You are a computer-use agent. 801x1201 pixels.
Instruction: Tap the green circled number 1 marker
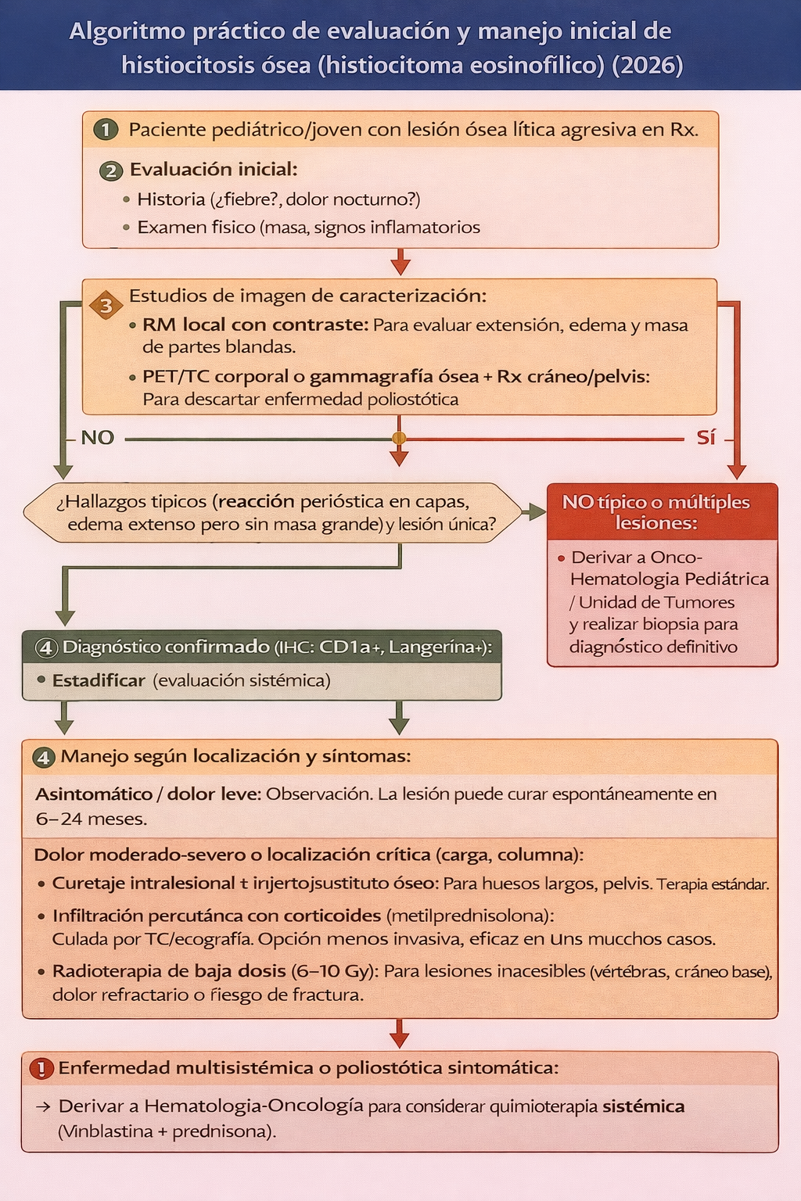[106, 130]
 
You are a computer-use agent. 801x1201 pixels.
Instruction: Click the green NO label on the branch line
[98, 438]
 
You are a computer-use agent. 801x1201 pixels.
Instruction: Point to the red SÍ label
[706, 438]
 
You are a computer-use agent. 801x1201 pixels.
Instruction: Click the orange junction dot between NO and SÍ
[399, 439]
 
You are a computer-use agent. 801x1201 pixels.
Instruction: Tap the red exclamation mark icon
[41, 1068]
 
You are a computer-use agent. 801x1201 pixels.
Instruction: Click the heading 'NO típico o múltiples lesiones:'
[656, 512]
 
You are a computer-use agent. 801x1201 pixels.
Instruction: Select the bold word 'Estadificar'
[99, 681]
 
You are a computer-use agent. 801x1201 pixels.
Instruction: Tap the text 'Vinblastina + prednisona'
[167, 1131]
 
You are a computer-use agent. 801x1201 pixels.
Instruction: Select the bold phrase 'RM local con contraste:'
[255, 325]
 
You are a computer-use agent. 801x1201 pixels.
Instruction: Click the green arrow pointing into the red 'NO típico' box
[534, 512]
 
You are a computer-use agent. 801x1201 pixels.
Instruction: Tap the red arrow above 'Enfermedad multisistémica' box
[399, 1034]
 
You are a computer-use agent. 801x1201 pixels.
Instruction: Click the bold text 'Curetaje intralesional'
[143, 884]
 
